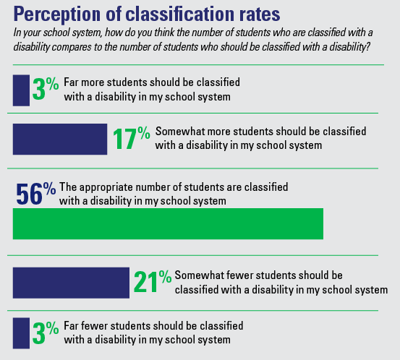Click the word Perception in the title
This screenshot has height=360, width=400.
tap(57, 14)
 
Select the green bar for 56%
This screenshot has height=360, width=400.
tap(168, 224)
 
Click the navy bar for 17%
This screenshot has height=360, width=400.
tap(60, 140)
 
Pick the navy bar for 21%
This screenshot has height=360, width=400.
tap(71, 283)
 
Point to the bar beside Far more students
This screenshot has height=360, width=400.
tap(21, 90)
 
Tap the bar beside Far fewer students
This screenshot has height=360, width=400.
tap(21, 333)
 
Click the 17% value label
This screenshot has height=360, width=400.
tap(132, 138)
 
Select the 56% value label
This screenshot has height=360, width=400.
tap(36, 194)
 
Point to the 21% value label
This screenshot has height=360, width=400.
tap(153, 281)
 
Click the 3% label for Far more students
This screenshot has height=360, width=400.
tap(46, 88)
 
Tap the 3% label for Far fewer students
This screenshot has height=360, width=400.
tap(46, 332)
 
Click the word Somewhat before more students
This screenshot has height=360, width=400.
tap(180, 132)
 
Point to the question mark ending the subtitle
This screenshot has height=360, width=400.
tap(367, 47)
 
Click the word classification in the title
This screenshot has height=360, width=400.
tap(179, 14)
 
